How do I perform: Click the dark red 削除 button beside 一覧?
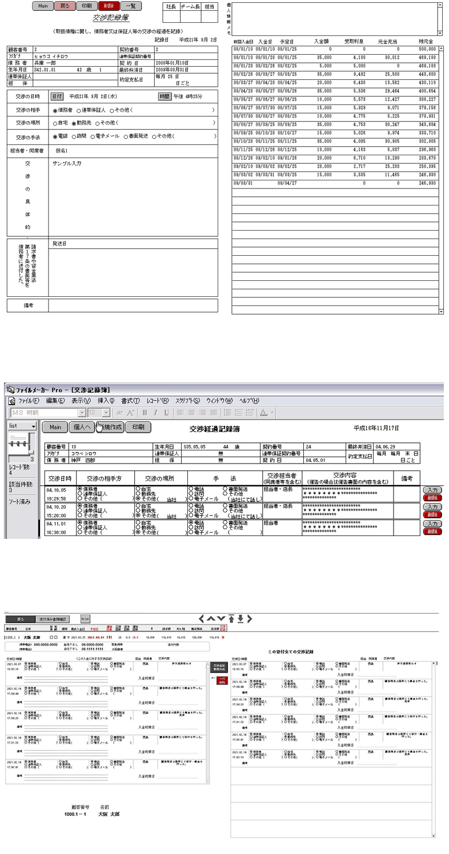(109, 6)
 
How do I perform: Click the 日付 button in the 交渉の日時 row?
(57, 96)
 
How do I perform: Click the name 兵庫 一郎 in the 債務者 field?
(43, 63)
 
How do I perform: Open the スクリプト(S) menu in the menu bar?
(189, 400)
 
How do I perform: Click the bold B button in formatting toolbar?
(145, 412)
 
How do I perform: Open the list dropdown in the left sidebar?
(22, 426)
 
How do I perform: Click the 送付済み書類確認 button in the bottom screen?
(54, 619)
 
